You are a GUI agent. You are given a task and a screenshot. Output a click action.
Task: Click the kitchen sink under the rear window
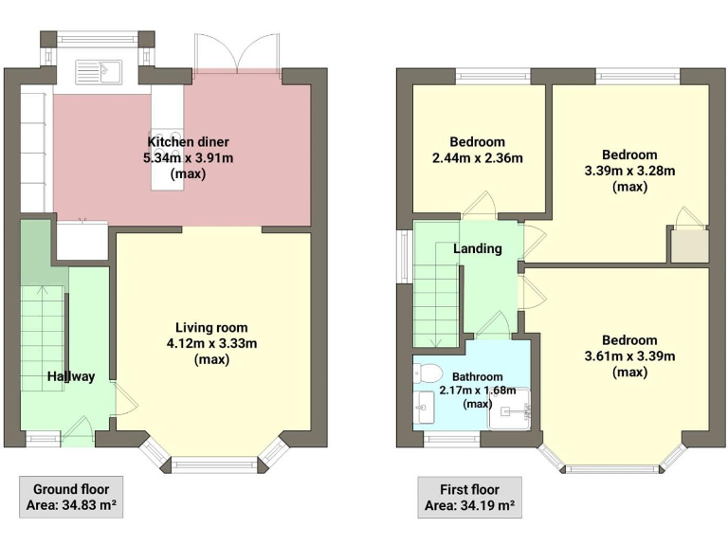click(x=99, y=70)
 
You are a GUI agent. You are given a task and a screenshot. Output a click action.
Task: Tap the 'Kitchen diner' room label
click(x=188, y=142)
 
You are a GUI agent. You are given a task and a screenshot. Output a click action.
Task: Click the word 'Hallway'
click(x=72, y=376)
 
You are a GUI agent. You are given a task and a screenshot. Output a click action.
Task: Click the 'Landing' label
click(x=478, y=248)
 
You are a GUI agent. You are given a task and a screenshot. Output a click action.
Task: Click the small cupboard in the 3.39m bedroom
click(x=689, y=246)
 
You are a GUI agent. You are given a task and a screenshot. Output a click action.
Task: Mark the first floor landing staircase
click(x=436, y=294)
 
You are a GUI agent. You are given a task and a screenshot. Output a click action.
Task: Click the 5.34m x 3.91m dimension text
click(x=188, y=158)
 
